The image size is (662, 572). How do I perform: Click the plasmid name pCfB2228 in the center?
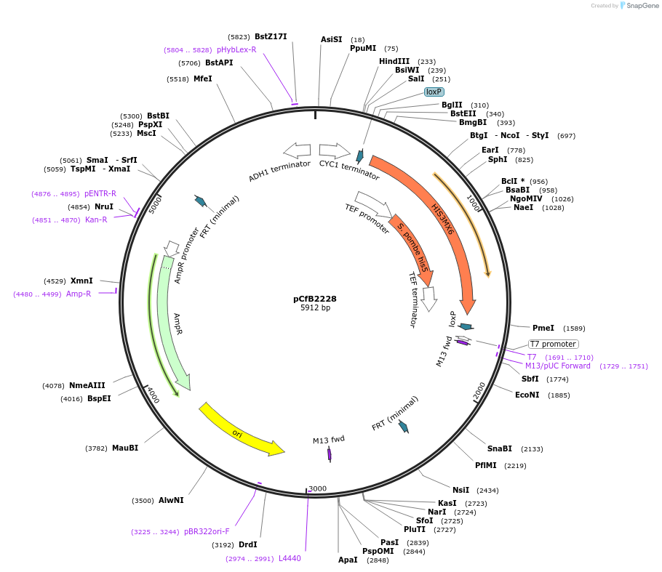tap(314, 299)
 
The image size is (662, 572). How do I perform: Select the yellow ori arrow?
tap(240, 430)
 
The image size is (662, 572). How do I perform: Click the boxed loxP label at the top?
tap(434, 92)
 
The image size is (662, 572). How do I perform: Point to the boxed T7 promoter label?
tap(553, 344)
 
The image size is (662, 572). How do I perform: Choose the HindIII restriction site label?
tap(394, 61)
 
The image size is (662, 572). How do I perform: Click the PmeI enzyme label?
tap(543, 328)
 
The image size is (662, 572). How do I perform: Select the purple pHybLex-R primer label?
tap(236, 49)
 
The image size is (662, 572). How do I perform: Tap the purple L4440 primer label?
tap(290, 558)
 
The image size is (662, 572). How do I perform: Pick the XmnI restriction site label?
tap(81, 281)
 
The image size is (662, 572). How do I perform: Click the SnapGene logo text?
tap(642, 6)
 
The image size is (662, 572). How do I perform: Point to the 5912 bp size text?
tap(314, 308)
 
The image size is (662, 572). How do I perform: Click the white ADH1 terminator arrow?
tap(297, 150)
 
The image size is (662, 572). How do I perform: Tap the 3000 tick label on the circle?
tap(317, 488)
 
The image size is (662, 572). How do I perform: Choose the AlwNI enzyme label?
tap(171, 500)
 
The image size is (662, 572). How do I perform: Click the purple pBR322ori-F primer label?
tap(206, 531)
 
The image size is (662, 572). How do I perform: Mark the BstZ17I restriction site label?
tap(271, 36)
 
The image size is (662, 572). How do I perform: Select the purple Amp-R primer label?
tap(79, 294)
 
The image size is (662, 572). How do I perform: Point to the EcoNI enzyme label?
tap(527, 395)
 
